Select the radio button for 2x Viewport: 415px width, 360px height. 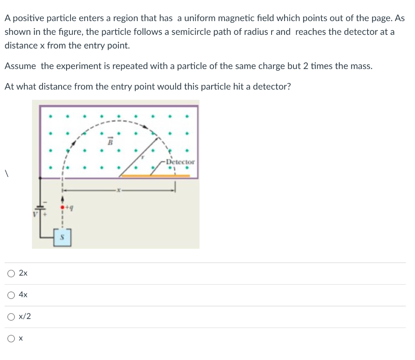[x=11, y=274]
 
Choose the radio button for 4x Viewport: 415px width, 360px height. [x=11, y=295]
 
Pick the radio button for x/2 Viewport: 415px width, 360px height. [x=11, y=317]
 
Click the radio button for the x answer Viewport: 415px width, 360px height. [x=11, y=338]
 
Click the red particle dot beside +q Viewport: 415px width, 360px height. [x=62, y=208]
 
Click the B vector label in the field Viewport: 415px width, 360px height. [x=109, y=142]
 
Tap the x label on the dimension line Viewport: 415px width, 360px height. [x=118, y=189]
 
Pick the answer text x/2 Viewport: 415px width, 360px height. [x=25, y=317]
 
